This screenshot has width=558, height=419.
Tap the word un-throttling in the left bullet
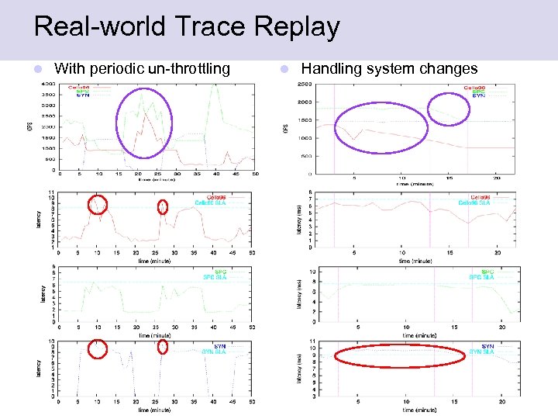point(186,69)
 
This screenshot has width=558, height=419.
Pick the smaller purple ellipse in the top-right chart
point(449,109)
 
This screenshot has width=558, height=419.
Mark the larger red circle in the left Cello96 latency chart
point(97,203)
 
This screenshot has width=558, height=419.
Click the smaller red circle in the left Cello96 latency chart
point(163,206)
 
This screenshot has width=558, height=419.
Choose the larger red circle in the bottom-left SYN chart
point(97,349)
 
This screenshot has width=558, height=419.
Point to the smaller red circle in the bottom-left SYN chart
point(163,347)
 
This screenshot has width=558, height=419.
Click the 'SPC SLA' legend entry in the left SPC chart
point(214,277)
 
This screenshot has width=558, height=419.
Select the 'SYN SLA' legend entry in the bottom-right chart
point(482,351)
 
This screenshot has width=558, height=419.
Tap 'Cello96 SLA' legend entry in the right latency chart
point(474,203)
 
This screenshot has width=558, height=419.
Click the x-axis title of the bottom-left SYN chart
point(155,409)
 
